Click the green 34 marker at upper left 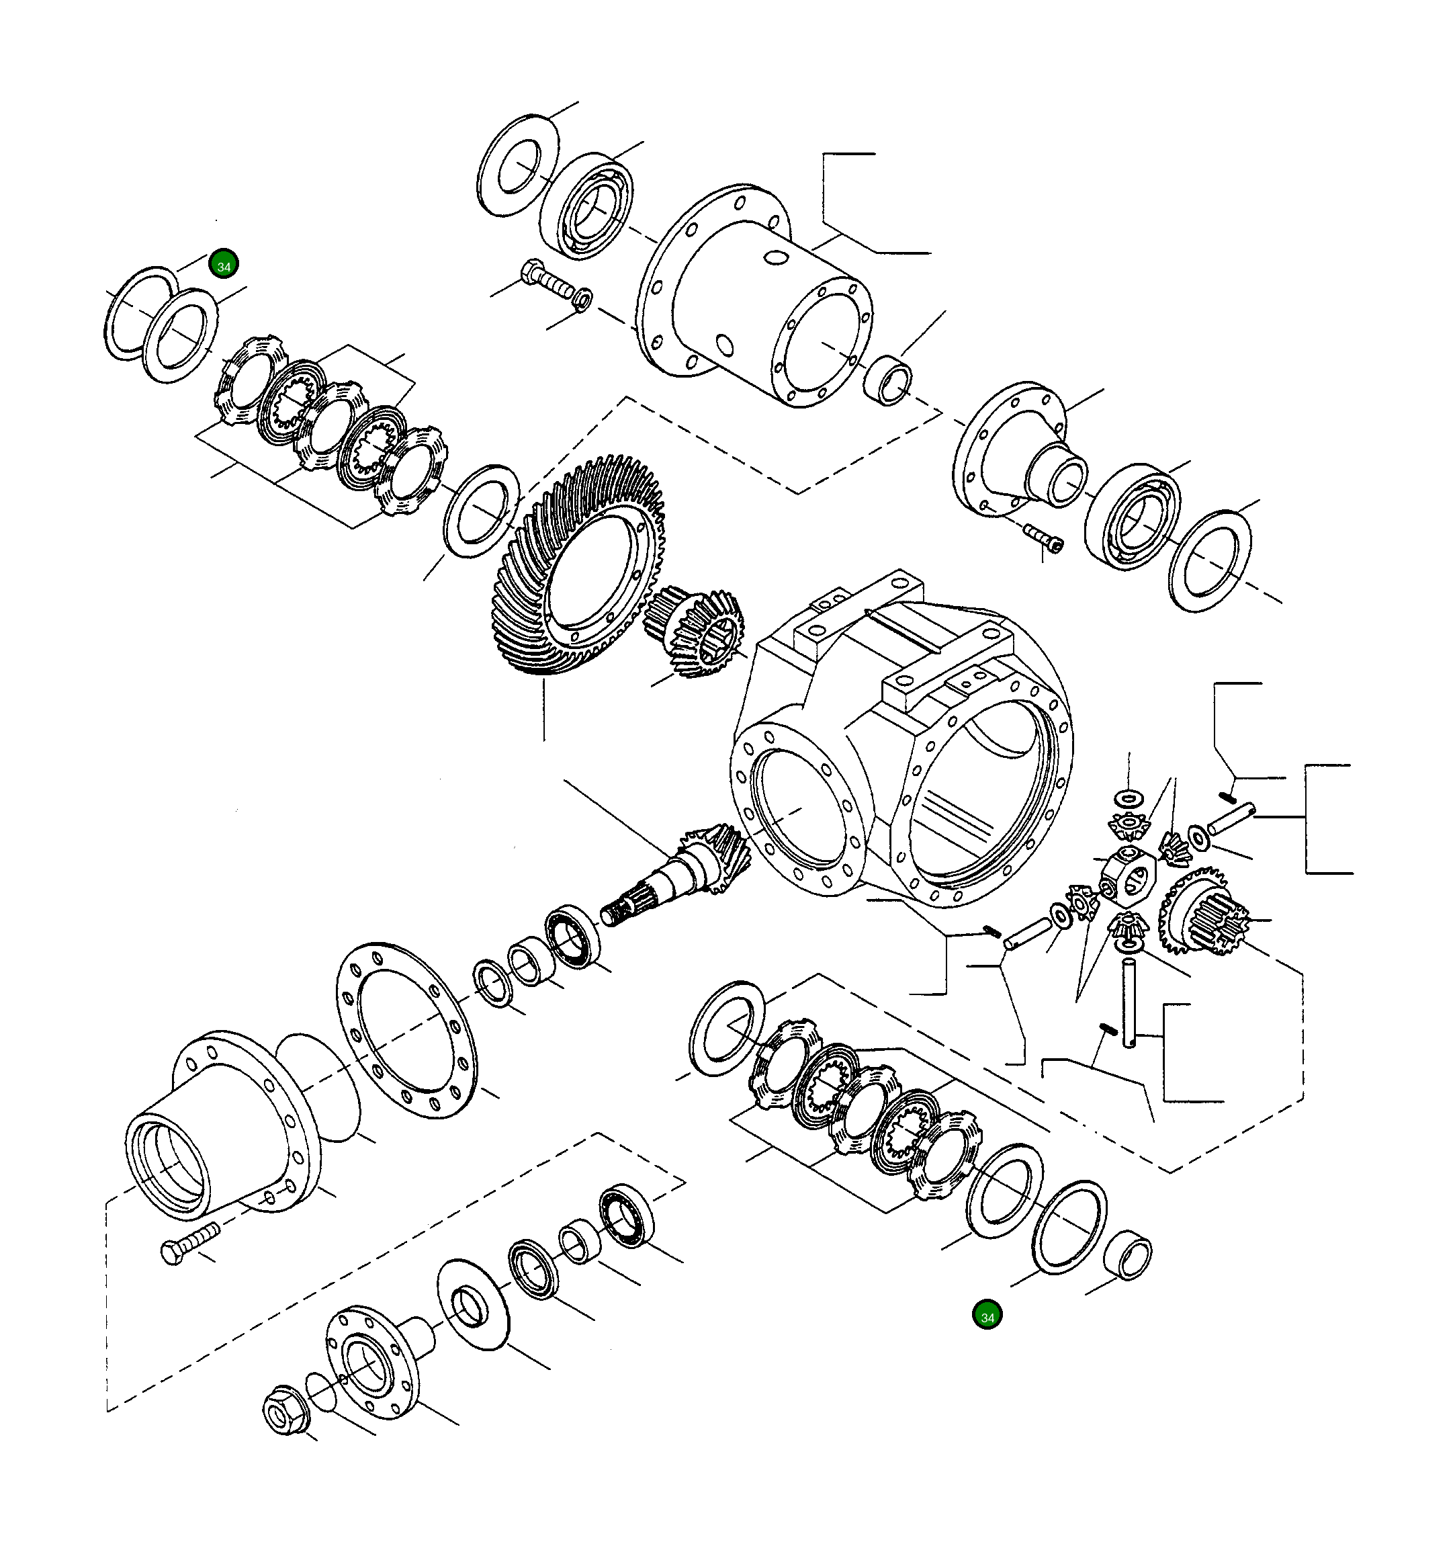click(224, 265)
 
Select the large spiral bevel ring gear click(578, 566)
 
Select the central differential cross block click(1129, 877)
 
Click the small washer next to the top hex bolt click(583, 298)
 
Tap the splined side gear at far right click(1202, 911)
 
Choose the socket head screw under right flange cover click(1044, 537)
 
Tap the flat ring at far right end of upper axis click(1209, 560)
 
